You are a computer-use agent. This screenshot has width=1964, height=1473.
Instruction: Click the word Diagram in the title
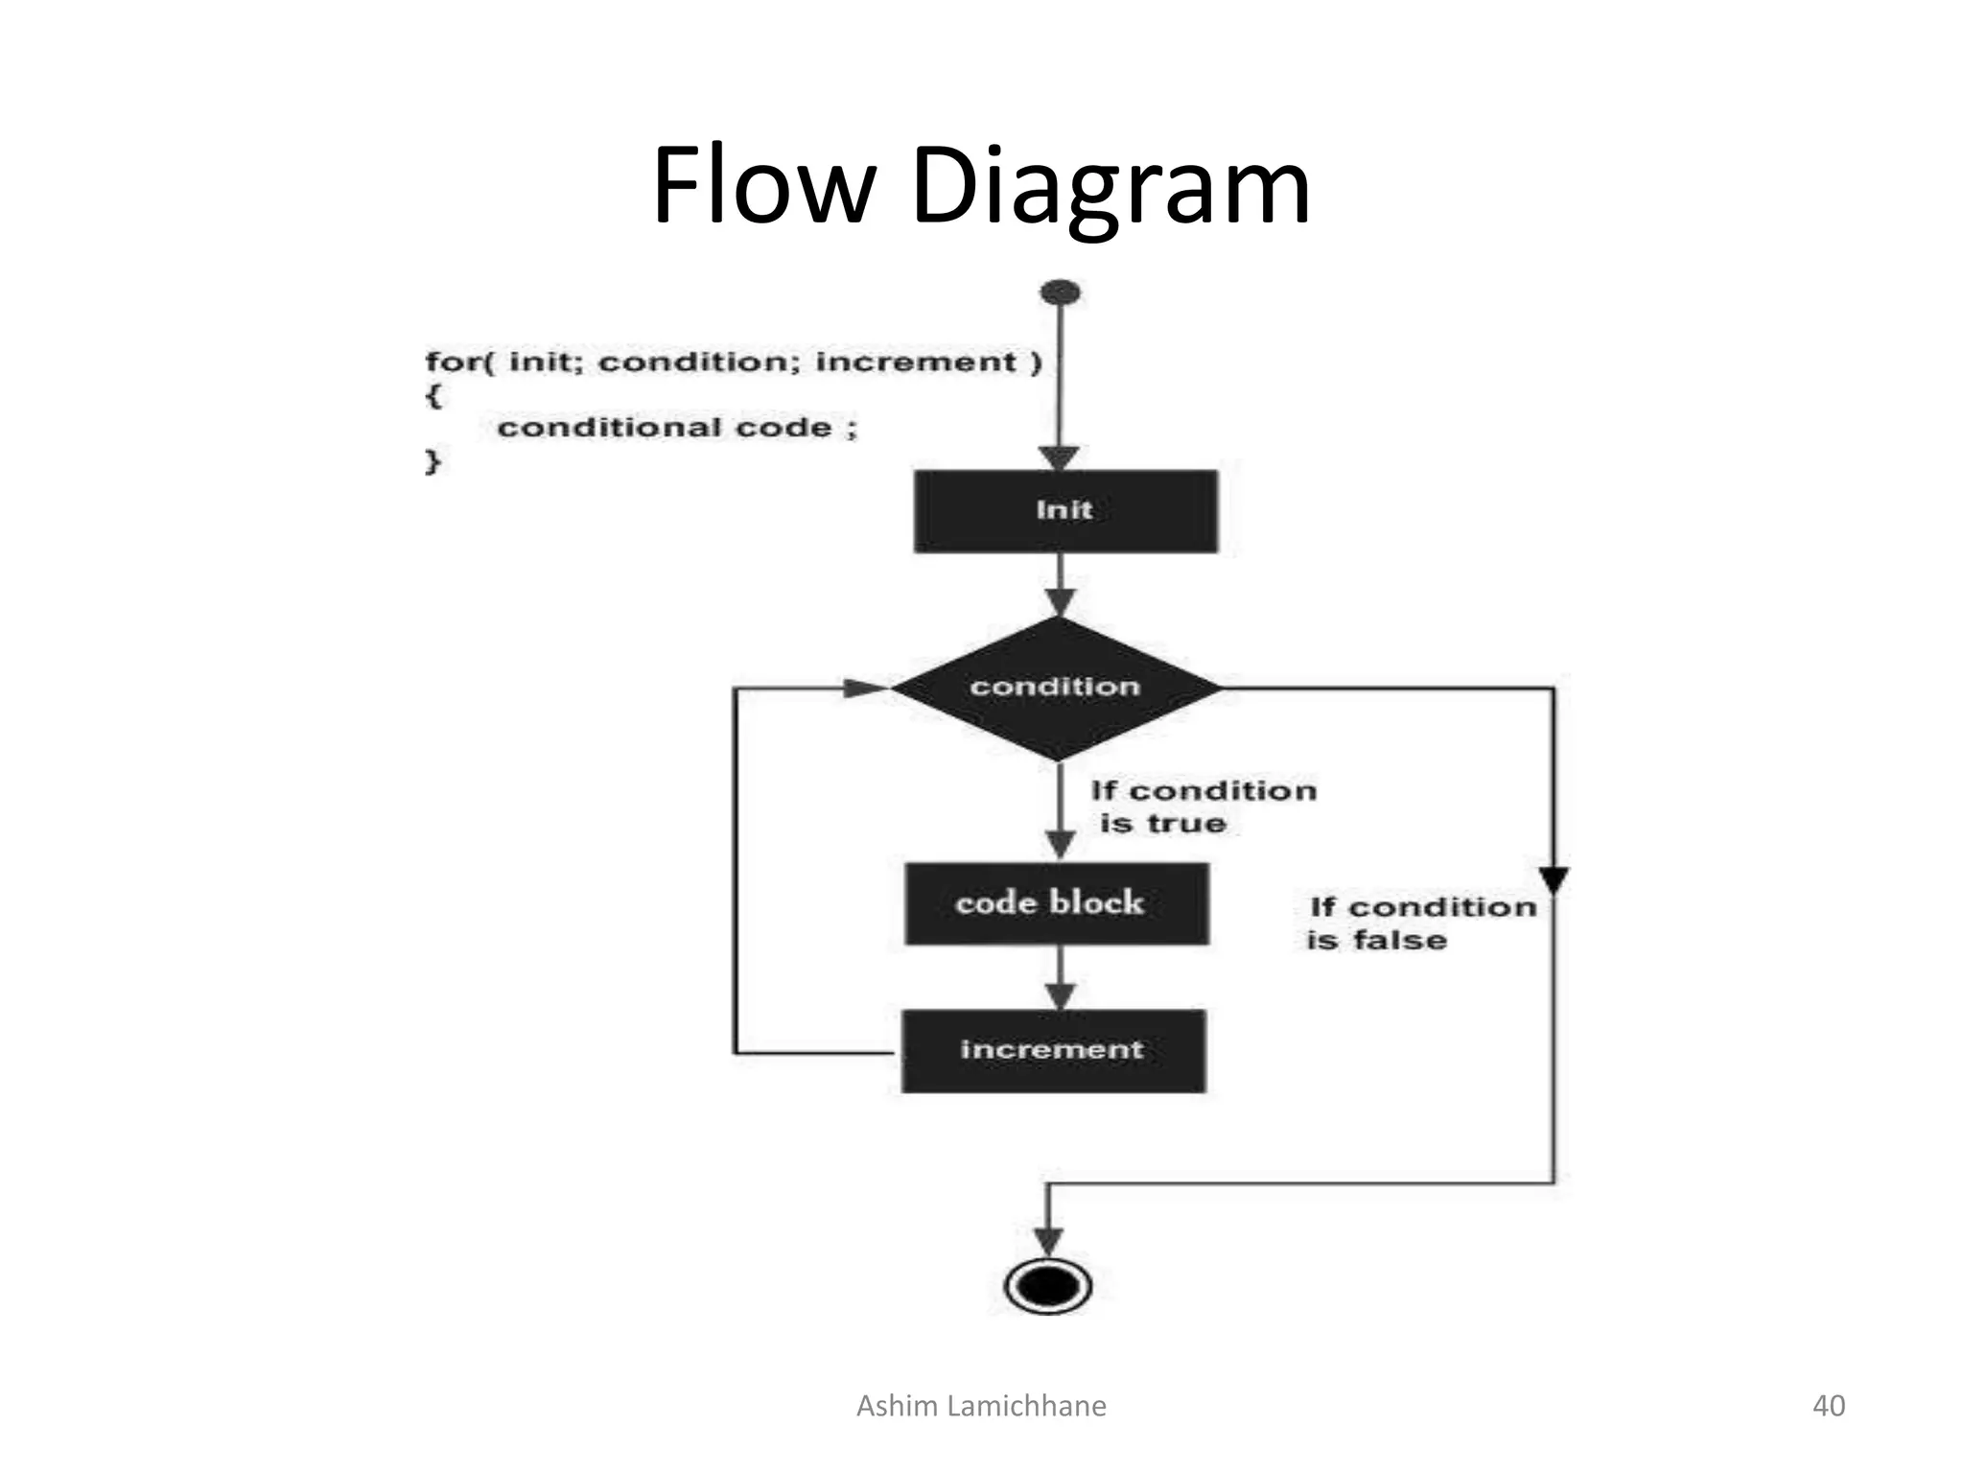(1111, 188)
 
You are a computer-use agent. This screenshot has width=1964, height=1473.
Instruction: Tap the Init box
(1065, 511)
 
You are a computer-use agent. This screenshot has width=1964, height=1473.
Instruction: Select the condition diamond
(1056, 688)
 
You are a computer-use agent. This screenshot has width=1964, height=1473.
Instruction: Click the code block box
(1057, 903)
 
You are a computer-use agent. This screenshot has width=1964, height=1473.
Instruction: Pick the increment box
(1053, 1050)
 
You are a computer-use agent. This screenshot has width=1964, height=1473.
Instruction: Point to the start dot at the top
(1060, 292)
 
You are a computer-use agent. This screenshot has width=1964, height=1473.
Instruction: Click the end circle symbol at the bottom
(1048, 1286)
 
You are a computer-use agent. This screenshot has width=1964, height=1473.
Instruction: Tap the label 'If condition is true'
(1203, 807)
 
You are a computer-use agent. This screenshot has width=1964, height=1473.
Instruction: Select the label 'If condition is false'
(1422, 923)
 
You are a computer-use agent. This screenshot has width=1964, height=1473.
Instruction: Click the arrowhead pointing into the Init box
(1060, 458)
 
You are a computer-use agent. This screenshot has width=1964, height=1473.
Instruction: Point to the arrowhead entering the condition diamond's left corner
(865, 688)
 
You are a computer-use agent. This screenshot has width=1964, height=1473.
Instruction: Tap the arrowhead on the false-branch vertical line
(1554, 878)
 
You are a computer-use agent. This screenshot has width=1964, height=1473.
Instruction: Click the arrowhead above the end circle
(1048, 1240)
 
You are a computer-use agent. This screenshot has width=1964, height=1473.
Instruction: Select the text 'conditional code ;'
(677, 428)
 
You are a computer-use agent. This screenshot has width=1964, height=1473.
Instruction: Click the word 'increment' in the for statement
(915, 362)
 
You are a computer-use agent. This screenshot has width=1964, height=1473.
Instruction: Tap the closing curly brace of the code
(433, 461)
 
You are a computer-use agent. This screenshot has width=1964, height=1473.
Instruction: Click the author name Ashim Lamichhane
(981, 1406)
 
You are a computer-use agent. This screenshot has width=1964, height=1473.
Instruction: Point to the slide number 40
(1828, 1406)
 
